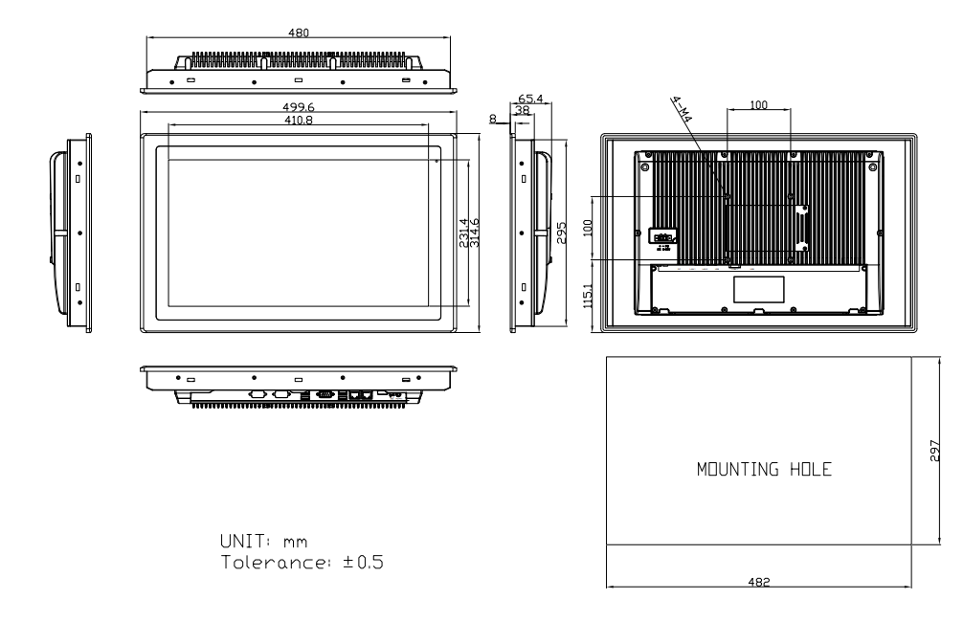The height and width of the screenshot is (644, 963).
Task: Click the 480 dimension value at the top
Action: point(299,33)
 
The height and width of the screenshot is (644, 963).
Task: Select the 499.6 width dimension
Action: point(299,107)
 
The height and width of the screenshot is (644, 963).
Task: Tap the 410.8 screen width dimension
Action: point(299,120)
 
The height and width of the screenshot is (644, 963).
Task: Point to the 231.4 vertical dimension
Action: point(463,233)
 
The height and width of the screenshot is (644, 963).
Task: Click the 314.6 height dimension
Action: point(474,233)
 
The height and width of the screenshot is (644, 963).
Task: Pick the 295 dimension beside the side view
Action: point(561,233)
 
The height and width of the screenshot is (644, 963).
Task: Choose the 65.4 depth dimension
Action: point(530,99)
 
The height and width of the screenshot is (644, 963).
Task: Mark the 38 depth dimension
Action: point(522,110)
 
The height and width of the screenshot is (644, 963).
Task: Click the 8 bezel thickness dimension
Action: point(493,119)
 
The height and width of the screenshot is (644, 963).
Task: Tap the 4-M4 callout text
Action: point(682,109)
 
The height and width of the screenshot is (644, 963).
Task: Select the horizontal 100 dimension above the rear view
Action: point(758,105)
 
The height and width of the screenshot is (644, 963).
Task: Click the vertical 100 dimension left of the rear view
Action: point(588,227)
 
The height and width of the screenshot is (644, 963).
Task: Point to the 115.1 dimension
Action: point(588,296)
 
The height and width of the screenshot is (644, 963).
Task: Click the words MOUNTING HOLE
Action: point(764,470)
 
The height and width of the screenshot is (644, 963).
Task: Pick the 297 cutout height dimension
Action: point(934,451)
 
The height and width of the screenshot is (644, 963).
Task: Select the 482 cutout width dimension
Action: point(759,582)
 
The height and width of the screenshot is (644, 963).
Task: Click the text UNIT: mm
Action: point(263,542)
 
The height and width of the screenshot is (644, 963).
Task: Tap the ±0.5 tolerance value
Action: point(363,562)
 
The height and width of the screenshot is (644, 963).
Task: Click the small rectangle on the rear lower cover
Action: point(759,289)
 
